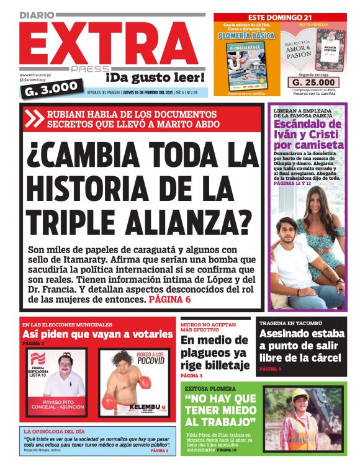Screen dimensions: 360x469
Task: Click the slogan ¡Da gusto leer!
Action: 155,78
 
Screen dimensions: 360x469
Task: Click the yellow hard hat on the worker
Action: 300,395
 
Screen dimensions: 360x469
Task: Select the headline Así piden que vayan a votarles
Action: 98,334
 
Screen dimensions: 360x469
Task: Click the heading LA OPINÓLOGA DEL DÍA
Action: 63,431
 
